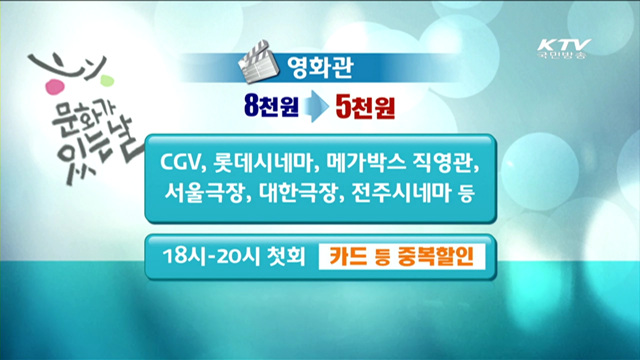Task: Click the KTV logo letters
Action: [564, 45]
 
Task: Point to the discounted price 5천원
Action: [369, 104]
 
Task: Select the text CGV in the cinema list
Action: [183, 161]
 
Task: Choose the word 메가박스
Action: [364, 161]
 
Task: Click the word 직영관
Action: [439, 161]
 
